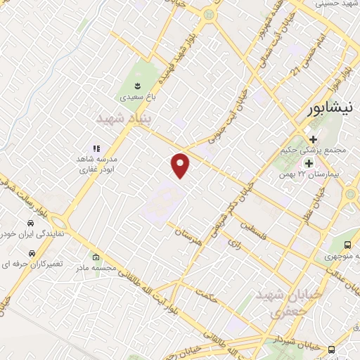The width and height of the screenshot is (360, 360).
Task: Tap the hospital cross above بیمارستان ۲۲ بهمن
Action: [308, 163]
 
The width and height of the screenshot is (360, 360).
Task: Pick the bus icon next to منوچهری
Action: [348, 245]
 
